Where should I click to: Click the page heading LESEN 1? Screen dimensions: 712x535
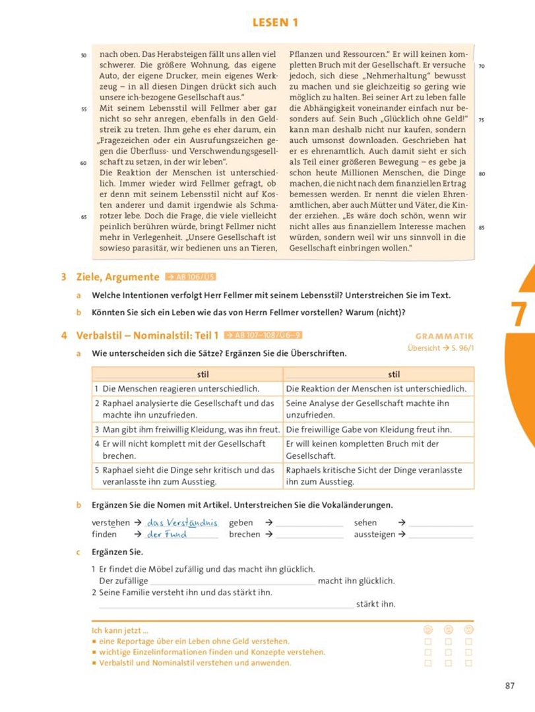point(275,23)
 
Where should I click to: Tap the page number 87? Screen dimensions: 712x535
point(509,686)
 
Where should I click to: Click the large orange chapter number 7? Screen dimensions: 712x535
point(519,314)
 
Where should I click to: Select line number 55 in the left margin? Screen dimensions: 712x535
point(84,108)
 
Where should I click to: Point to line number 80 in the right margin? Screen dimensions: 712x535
point(482,174)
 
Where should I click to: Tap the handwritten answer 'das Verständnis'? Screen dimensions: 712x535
point(181,523)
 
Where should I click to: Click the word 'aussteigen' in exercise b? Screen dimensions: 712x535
point(374,535)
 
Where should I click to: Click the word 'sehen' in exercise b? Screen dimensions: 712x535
point(365,523)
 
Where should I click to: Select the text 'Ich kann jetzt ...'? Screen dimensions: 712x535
point(120,630)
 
